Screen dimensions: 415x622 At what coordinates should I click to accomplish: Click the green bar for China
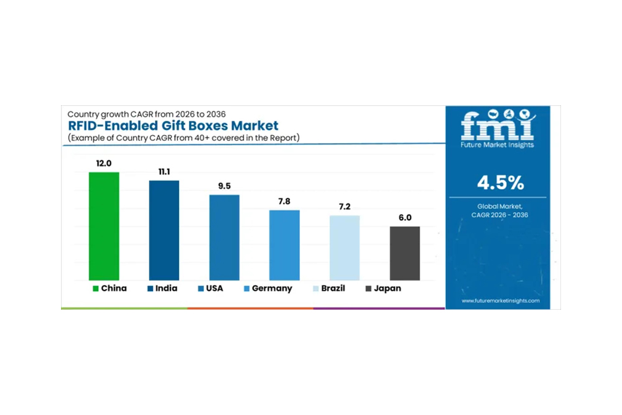coord(104,226)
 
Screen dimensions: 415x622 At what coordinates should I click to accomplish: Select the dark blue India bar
coord(164,230)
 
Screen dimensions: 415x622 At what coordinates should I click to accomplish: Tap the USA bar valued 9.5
coord(224,237)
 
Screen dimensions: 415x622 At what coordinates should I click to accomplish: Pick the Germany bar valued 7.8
coord(284,245)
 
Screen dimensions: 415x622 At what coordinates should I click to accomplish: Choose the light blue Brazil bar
coord(345,248)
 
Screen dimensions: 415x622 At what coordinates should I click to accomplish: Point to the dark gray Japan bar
coord(405,253)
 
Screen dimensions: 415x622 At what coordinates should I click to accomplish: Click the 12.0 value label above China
coord(104,163)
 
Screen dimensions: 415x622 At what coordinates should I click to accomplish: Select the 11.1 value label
coord(164,171)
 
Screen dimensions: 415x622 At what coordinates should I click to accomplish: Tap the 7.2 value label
coord(345,206)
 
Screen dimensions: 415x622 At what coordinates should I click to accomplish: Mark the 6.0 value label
coord(405,217)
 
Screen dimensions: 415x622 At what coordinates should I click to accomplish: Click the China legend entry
coord(109,289)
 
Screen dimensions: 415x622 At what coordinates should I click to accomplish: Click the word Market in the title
coord(249,126)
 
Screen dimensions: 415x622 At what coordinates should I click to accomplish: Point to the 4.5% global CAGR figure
coord(500,183)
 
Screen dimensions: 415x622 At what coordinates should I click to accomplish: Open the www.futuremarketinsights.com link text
coord(501,301)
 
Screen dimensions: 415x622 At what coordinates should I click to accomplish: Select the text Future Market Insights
coord(497,144)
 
